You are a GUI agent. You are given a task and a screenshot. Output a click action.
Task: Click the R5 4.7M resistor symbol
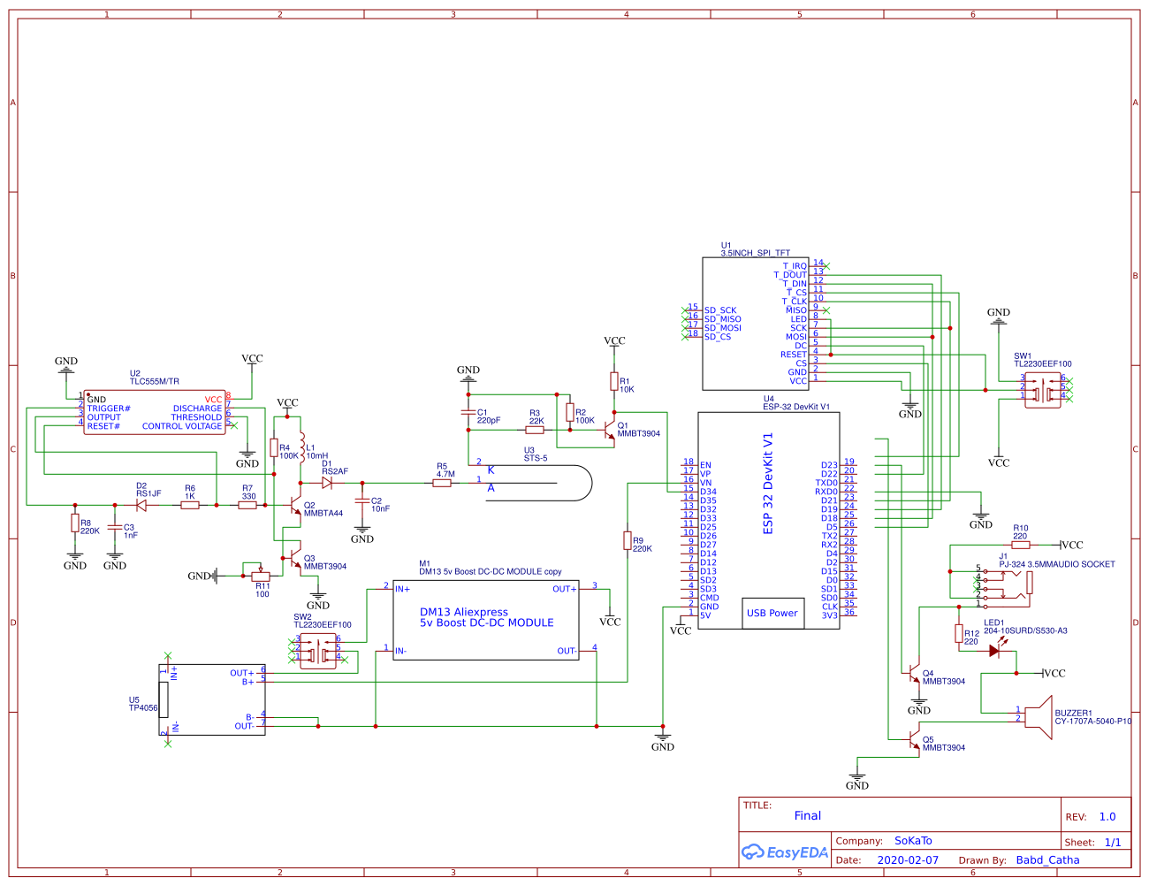pyautogui.click(x=443, y=483)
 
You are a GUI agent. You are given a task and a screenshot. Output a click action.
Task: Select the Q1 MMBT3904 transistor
pyautogui.click(x=608, y=430)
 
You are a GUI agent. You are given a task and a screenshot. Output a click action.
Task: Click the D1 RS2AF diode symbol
pyautogui.click(x=327, y=483)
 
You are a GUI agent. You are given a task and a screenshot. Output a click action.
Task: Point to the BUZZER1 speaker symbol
pyautogui.click(x=1039, y=716)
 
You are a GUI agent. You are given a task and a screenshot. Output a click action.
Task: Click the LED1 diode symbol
pyautogui.click(x=994, y=651)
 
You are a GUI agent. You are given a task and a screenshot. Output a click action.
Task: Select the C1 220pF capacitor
pyautogui.click(x=468, y=412)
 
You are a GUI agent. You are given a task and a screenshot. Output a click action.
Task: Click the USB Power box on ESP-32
pyautogui.click(x=772, y=613)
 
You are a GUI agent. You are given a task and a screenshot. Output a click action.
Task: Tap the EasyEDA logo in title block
pyautogui.click(x=785, y=852)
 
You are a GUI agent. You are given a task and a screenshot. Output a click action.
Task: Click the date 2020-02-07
pyautogui.click(x=908, y=859)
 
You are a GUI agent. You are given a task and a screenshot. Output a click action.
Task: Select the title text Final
pyautogui.click(x=807, y=816)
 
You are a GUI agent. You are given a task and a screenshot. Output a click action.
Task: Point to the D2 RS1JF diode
pyautogui.click(x=141, y=505)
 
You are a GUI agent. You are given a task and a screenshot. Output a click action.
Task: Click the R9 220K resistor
pyautogui.click(x=628, y=540)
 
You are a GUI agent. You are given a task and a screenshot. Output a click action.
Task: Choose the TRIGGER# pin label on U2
pyautogui.click(x=109, y=409)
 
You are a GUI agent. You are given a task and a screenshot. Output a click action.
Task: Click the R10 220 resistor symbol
pyautogui.click(x=1021, y=545)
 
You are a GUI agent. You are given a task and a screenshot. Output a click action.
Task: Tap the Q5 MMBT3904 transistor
pyautogui.click(x=913, y=742)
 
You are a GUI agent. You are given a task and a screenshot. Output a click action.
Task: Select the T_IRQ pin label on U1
pyautogui.click(x=794, y=266)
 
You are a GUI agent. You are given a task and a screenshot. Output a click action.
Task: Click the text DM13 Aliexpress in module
pyautogui.click(x=464, y=612)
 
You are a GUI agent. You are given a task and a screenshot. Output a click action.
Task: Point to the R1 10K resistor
pyautogui.click(x=614, y=381)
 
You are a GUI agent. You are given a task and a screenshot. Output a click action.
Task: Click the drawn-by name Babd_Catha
pyautogui.click(x=1047, y=859)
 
